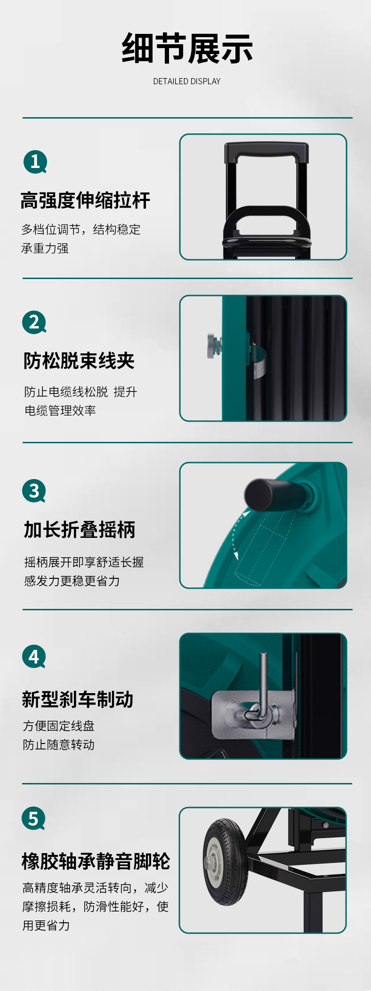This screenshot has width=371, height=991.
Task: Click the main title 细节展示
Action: pos(187,48)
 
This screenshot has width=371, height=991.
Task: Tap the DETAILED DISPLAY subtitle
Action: pos(187,81)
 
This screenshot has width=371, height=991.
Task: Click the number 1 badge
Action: pos(35,162)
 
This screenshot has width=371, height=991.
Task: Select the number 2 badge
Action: pos(34,322)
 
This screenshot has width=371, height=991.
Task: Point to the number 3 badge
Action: pos(34,491)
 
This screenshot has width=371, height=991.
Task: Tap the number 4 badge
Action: pos(34,656)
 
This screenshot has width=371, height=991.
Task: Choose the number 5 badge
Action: pos(33,818)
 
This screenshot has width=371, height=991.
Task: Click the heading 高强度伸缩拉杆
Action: pos(85,200)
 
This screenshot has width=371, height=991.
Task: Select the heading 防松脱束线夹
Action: pos(79,361)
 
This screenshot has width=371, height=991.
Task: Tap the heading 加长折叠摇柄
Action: pos(80,529)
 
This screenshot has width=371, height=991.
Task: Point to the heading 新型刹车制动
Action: pos(78,699)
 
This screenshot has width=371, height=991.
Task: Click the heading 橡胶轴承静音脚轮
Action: pos(96,861)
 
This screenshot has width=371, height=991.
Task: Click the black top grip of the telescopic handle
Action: pos(266,151)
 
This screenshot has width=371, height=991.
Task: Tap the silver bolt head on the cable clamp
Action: pos(210,345)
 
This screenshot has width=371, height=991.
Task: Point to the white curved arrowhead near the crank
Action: pos(246,513)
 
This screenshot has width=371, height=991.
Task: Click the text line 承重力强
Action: pos(45,248)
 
